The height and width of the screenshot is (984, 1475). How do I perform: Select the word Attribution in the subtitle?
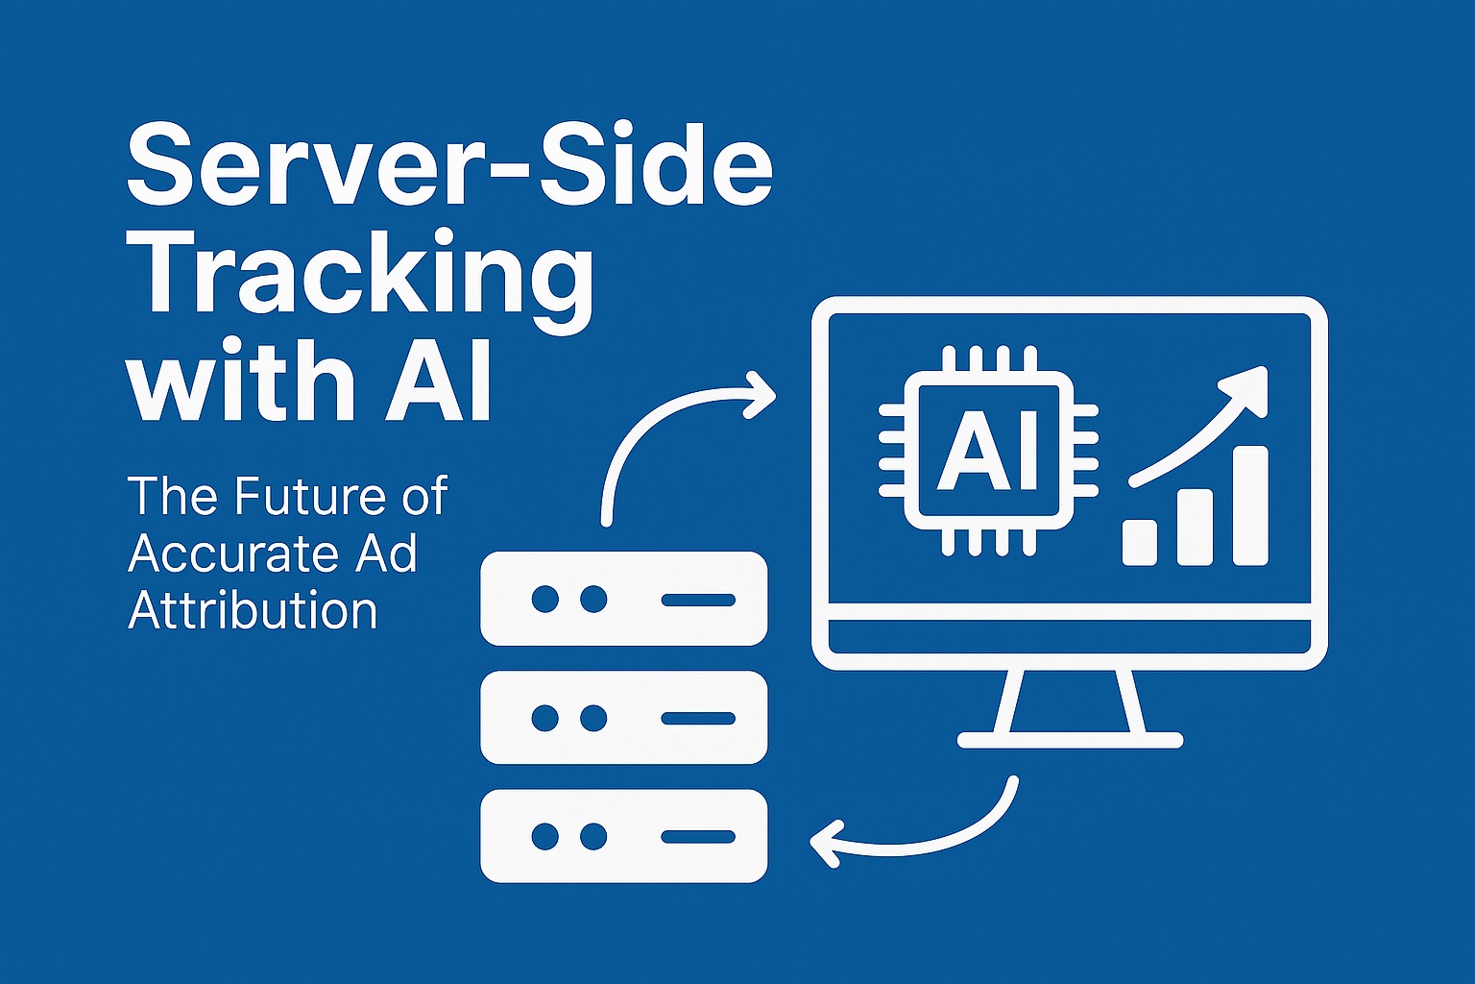coord(253,611)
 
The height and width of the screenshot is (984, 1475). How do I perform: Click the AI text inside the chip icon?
coord(988,452)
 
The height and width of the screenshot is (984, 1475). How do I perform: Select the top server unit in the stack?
coord(624,598)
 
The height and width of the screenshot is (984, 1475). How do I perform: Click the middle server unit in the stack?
coord(624,717)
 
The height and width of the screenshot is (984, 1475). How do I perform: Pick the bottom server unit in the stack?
coord(624,836)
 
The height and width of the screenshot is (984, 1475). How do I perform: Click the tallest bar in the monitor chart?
coord(1250,505)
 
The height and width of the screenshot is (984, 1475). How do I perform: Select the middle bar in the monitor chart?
coord(1196,527)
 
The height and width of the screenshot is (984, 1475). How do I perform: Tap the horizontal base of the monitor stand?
coord(1070,740)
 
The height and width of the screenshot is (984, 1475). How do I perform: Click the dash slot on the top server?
coord(698,599)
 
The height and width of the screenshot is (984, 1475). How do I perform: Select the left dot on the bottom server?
coord(544,836)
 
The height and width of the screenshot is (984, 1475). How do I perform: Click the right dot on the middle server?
coord(593,717)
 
